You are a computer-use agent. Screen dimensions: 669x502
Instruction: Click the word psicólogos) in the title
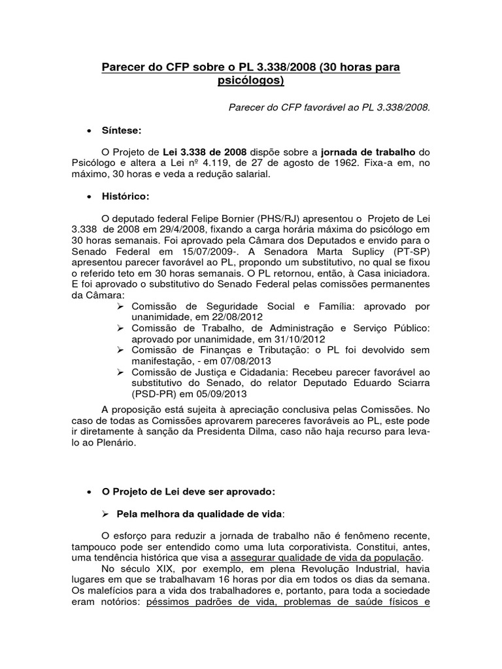(251, 82)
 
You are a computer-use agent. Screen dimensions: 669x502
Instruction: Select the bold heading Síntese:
(122, 131)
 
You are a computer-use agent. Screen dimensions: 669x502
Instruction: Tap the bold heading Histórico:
(125, 196)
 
